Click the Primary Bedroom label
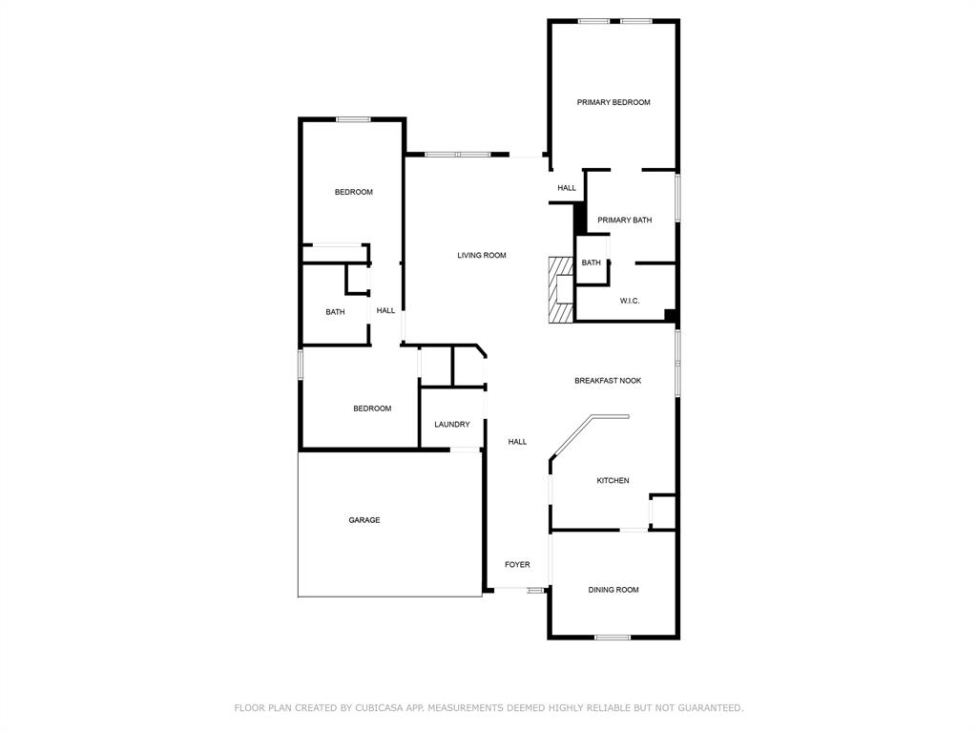pyautogui.click(x=613, y=102)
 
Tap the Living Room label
pyautogui.click(x=482, y=255)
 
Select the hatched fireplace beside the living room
pyautogui.click(x=561, y=290)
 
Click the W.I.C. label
pyautogui.click(x=630, y=301)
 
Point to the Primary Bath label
pyautogui.click(x=624, y=220)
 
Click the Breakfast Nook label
pyautogui.click(x=608, y=380)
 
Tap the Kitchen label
pyautogui.click(x=613, y=481)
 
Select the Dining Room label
pyautogui.click(x=613, y=590)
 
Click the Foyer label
pyautogui.click(x=517, y=565)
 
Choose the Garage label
pyautogui.click(x=364, y=520)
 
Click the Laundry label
pyautogui.click(x=451, y=425)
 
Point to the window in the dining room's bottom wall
pyautogui.click(x=613, y=637)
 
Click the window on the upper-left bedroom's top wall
pyautogui.click(x=353, y=119)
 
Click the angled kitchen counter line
pyautogui.click(x=590, y=432)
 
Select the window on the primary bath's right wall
pyautogui.click(x=677, y=197)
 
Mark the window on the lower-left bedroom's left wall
pyautogui.click(x=301, y=365)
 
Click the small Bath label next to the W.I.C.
pyautogui.click(x=591, y=263)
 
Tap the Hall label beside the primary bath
pyautogui.click(x=567, y=188)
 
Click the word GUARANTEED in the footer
pyautogui.click(x=710, y=708)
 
